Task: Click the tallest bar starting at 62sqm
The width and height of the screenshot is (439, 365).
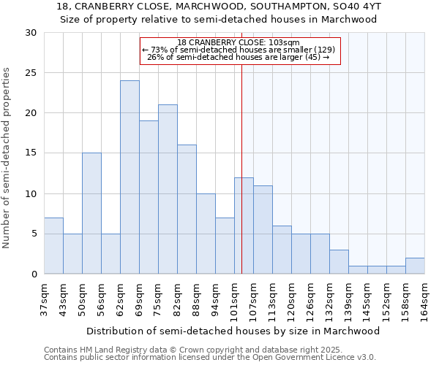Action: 130,177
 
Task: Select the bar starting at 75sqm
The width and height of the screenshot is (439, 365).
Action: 168,189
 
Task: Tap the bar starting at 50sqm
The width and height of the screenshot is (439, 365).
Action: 91,213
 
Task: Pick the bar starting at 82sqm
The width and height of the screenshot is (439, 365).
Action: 187,210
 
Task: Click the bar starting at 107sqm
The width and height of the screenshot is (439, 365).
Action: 263,230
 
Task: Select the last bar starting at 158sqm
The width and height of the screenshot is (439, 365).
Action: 415,266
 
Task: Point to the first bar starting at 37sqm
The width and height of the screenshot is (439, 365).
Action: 53,246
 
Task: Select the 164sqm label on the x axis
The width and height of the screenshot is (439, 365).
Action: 424,299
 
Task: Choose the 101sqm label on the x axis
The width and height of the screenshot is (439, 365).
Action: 234,299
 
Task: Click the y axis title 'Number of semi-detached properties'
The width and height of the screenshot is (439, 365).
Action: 7,158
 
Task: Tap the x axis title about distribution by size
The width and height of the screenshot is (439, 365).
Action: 233,331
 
